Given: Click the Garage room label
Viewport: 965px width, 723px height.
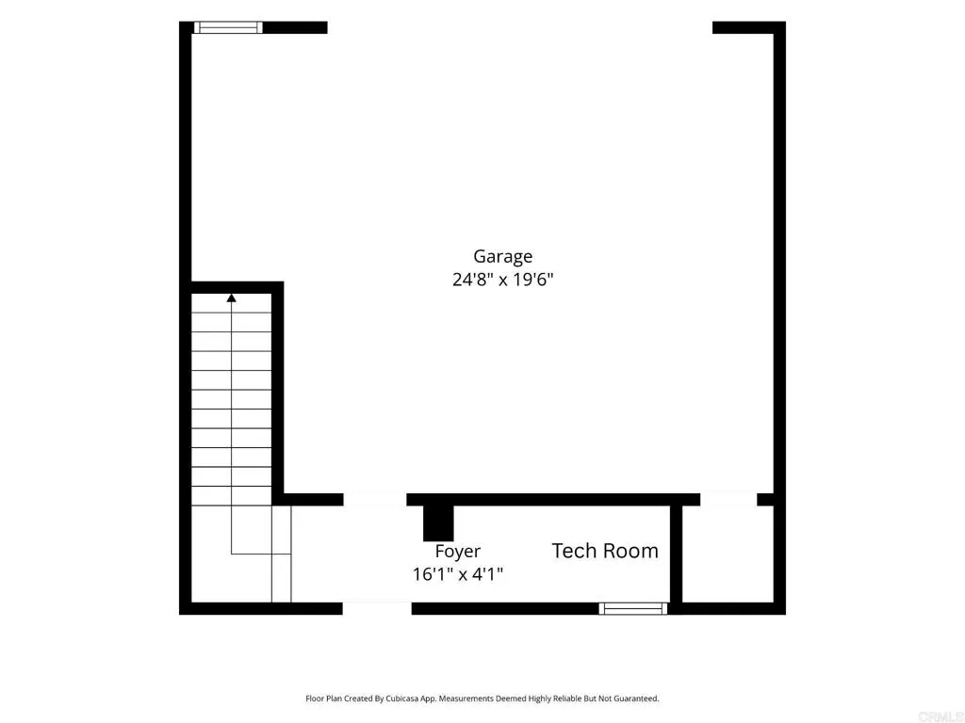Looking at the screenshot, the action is point(502,257).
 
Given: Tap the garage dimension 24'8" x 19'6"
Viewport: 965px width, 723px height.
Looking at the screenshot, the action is point(503,280).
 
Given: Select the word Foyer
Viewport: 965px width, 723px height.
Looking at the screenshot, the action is point(457,552).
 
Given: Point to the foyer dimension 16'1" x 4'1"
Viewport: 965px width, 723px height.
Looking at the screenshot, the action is point(458,574).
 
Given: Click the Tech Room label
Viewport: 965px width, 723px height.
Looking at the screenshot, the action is point(605,551).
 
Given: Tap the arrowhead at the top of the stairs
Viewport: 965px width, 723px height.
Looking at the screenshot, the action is point(232,298).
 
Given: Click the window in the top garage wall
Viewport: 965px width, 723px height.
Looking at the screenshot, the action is point(228,27).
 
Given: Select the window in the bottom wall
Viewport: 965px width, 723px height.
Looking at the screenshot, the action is point(633,609).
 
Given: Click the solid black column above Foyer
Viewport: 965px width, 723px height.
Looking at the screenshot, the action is point(438,522).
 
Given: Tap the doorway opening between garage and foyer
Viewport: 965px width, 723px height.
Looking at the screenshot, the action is point(375,499).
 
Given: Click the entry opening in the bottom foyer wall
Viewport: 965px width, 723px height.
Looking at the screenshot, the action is point(377,609).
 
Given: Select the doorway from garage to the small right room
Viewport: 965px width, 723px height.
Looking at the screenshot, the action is point(728,499).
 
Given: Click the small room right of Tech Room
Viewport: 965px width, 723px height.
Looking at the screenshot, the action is point(728,554).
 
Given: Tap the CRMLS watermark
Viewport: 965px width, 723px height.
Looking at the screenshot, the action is point(940,716).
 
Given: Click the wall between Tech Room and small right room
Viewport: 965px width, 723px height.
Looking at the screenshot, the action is point(676,554).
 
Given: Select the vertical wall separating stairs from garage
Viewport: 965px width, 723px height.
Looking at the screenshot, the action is point(278,393).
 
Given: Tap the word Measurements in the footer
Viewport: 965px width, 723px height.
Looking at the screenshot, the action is point(466,699).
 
